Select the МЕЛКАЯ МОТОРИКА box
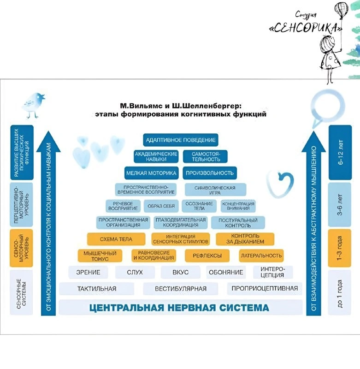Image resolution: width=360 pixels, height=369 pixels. (151, 173)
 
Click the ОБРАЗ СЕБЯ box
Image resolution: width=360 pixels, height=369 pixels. (161, 206)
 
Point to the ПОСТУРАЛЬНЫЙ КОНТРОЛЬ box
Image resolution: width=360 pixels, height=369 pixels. (238, 223)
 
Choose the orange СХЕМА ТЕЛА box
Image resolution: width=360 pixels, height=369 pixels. (116, 239)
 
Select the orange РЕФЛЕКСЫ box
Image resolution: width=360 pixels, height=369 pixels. (207, 256)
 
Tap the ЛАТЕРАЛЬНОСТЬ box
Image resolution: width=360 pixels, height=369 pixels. (261, 256)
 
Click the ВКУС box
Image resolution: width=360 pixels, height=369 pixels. (180, 272)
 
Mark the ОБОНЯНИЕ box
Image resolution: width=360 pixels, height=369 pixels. (226, 272)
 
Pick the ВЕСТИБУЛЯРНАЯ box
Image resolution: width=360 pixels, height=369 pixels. (180, 289)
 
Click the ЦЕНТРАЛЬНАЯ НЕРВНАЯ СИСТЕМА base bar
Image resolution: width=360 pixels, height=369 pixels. (180, 307)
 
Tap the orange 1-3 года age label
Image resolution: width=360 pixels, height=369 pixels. (339, 248)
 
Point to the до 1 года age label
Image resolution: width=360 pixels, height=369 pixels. (339, 293)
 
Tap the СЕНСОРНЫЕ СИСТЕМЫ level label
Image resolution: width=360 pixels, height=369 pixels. (21, 293)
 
